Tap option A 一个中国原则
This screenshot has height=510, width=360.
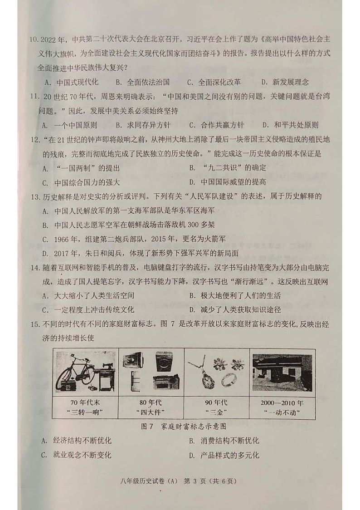point(68,125)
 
